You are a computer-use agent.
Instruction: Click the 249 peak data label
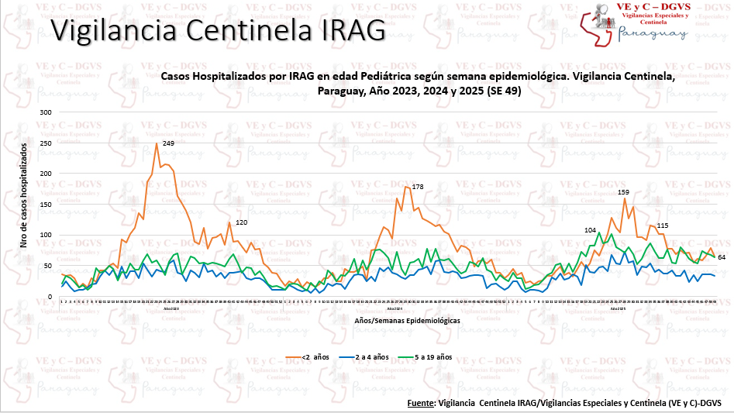coord(168,143)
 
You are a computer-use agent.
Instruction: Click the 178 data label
coord(418,187)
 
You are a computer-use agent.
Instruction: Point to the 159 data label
coord(624,191)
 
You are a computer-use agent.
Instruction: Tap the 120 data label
coord(241,222)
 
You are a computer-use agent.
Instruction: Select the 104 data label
coord(591,230)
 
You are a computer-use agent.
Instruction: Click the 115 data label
coord(662,225)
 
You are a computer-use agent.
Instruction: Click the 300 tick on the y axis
coord(45,112)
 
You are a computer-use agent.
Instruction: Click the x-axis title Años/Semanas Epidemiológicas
coord(407,319)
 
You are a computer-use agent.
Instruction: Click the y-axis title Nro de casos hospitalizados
coord(22,194)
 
